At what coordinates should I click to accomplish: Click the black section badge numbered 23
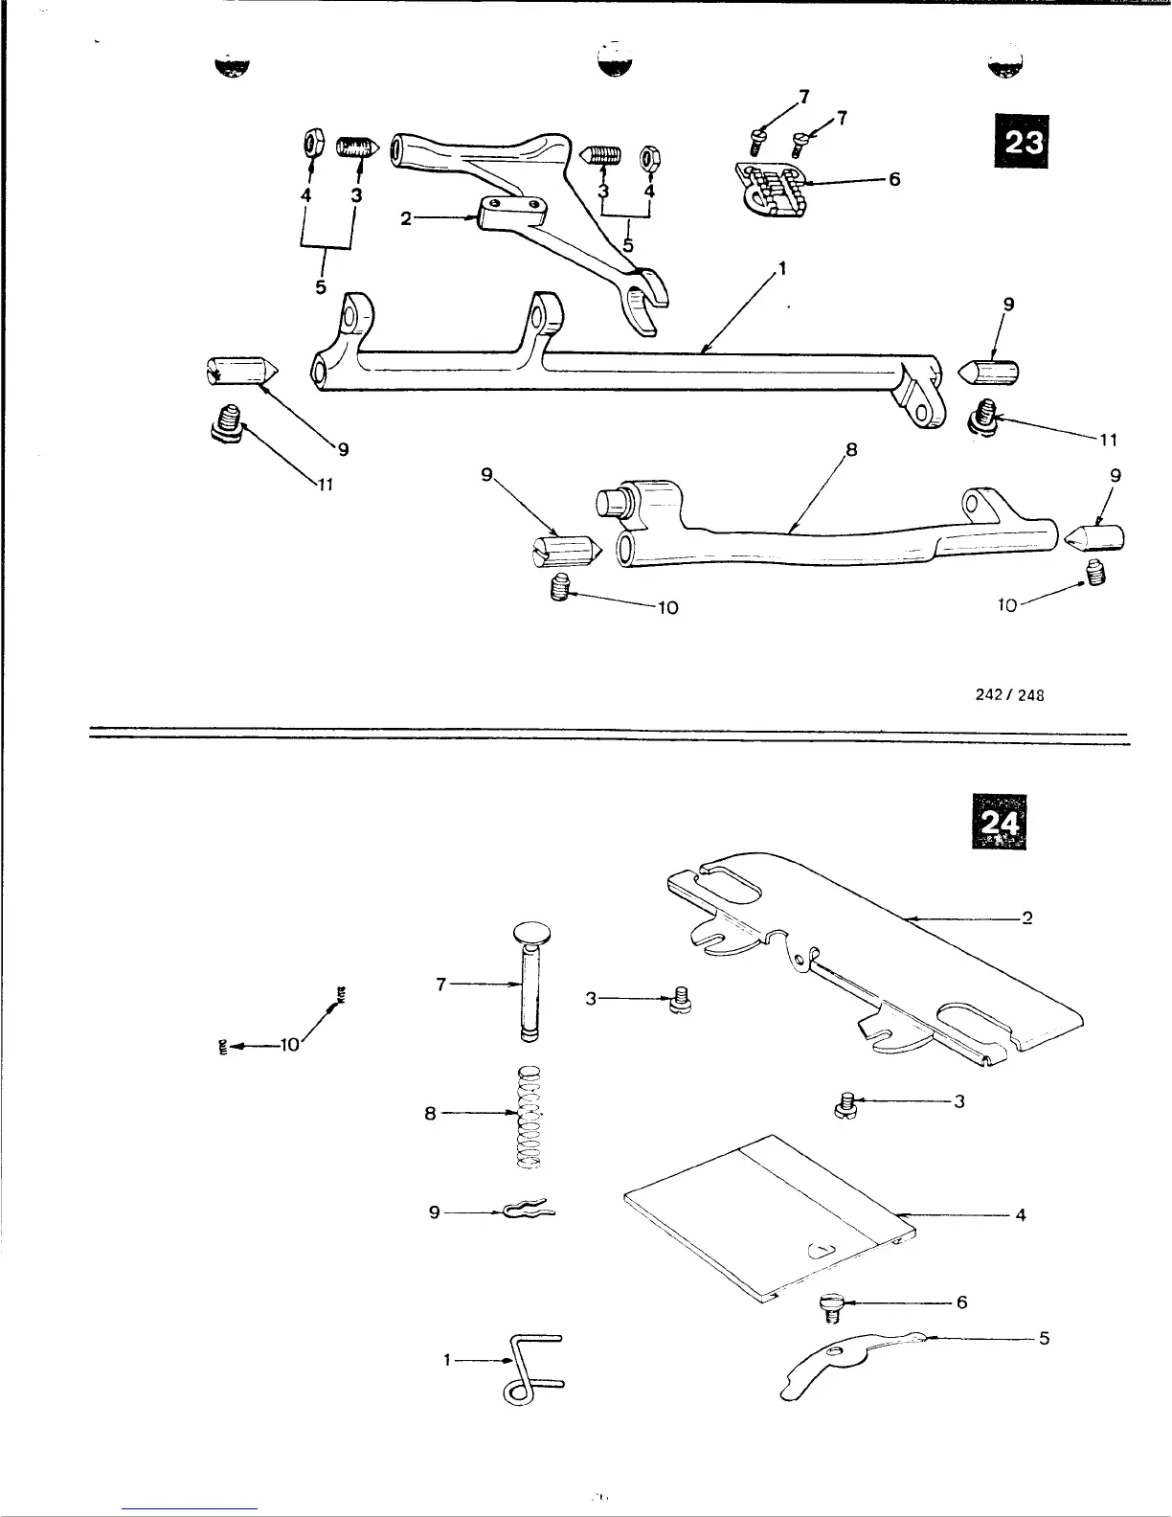pyautogui.click(x=1021, y=142)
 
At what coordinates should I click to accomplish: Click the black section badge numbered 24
pyautogui.click(x=999, y=821)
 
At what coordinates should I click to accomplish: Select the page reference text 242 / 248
pyautogui.click(x=1007, y=696)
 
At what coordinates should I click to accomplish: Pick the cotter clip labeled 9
pyautogui.click(x=530, y=1212)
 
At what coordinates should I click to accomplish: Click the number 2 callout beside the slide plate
pyautogui.click(x=1026, y=918)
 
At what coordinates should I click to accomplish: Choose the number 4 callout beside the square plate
pyautogui.click(x=1021, y=1215)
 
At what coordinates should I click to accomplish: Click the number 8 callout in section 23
pyautogui.click(x=850, y=447)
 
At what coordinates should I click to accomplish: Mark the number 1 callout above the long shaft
pyautogui.click(x=781, y=270)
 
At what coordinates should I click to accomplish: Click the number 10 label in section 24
pyautogui.click(x=290, y=1045)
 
